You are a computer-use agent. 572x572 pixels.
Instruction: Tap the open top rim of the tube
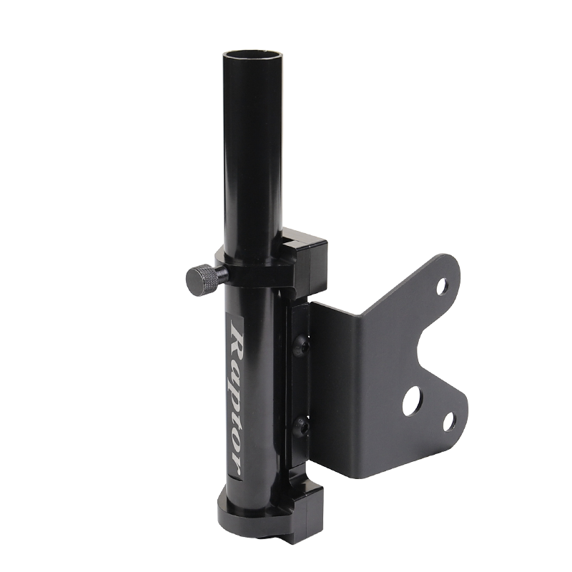click(x=252, y=55)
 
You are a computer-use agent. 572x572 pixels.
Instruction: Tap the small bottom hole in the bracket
click(x=449, y=422)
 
